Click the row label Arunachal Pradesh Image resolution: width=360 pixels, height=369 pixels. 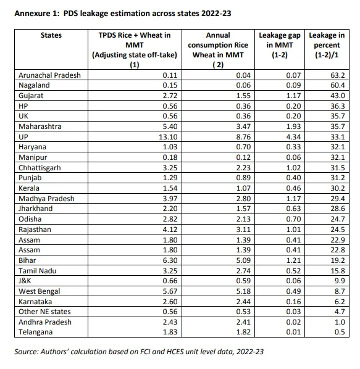point(49,75)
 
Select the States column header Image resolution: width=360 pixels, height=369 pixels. point(51,35)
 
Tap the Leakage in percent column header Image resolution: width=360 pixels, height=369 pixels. point(327,45)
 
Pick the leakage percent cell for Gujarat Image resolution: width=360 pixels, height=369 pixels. point(338,96)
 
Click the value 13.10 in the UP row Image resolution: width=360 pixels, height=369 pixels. point(168,137)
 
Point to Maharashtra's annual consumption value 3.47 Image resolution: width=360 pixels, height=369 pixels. point(243,126)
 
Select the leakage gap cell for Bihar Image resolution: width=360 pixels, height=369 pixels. point(293,260)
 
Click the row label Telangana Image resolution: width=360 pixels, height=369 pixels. point(36,332)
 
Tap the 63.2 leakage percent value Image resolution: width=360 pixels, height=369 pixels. point(338,75)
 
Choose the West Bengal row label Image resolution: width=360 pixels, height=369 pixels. point(40,291)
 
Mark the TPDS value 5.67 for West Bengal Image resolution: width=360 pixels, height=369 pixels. point(170,291)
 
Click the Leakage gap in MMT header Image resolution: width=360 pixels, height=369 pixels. point(280,45)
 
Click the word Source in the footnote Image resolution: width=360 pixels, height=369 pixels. point(26,352)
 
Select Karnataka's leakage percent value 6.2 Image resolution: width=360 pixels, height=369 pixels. point(340,302)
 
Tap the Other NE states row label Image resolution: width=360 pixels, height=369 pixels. point(44,312)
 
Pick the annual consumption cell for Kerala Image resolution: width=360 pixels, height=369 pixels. point(243,188)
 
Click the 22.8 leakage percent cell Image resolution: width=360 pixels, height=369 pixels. point(338,250)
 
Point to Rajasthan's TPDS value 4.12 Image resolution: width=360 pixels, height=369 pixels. point(170,230)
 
